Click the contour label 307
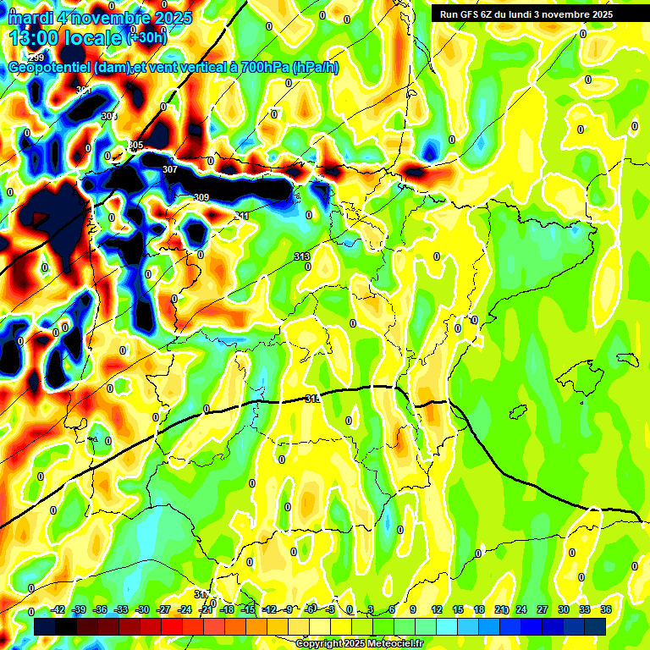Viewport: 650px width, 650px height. coord(170,169)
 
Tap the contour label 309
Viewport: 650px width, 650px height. coord(201,197)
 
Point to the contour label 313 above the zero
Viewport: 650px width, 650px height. coord(302,256)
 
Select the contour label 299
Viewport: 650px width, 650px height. coord(36,58)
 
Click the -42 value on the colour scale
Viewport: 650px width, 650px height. coord(58,609)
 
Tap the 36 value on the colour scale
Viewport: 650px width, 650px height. coord(606,609)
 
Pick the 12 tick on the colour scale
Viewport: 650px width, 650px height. coord(437,609)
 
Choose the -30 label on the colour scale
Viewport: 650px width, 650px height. coord(142,609)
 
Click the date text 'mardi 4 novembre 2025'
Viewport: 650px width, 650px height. coord(100,17)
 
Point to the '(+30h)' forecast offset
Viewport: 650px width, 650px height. coord(146,37)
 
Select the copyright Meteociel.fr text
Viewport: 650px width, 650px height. coord(360,644)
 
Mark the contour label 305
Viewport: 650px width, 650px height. coord(135,146)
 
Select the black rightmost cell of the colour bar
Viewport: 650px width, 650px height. coord(595,626)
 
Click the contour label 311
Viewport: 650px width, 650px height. coord(242,217)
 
